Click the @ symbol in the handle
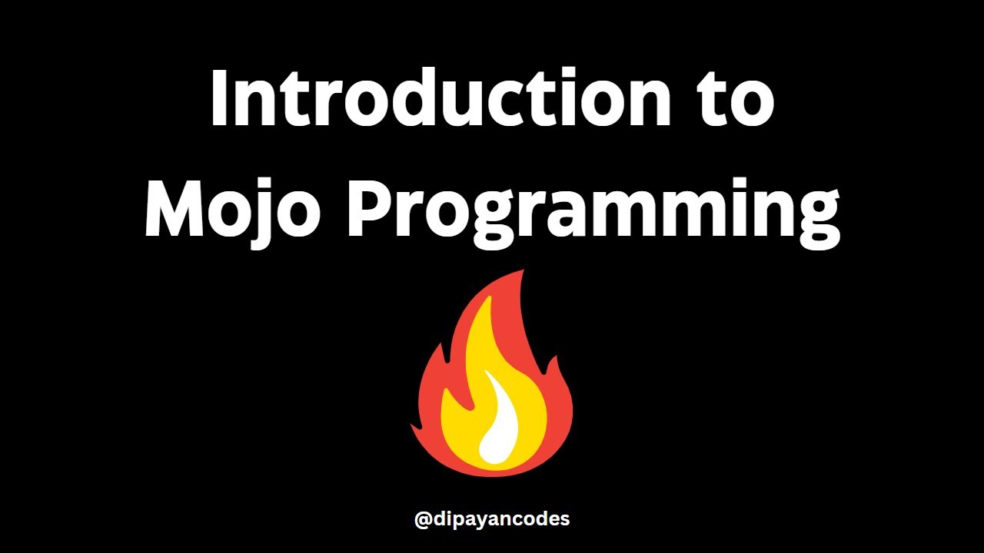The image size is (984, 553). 423,520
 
